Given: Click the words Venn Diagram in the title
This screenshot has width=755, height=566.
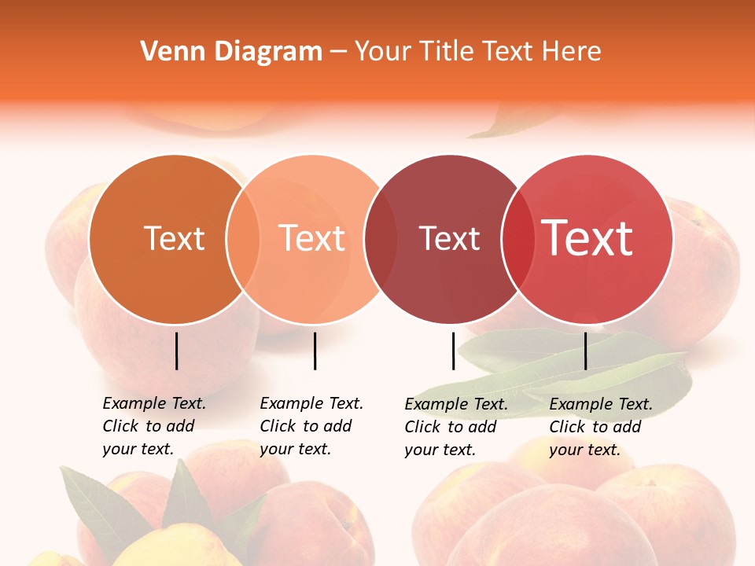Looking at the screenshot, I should (x=231, y=52).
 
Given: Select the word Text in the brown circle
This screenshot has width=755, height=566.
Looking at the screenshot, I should (x=174, y=239).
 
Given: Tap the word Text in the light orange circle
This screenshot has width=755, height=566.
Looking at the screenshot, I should (x=312, y=239).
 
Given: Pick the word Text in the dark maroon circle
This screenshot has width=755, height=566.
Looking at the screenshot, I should (x=449, y=239).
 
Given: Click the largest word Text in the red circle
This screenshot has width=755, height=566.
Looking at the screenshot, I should (x=587, y=238).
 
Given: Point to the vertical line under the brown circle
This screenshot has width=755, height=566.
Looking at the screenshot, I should (x=176, y=351).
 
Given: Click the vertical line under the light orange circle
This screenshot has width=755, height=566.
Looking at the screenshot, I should (x=315, y=351).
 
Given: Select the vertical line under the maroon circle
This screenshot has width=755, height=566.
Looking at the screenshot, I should (x=453, y=351).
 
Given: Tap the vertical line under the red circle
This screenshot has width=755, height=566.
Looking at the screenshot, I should (x=586, y=351).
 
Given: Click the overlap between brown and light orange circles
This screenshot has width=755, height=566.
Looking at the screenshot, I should (x=243, y=239).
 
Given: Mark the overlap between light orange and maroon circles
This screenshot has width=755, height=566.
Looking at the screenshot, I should (x=380, y=239).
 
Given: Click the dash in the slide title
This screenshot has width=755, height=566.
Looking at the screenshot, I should (x=338, y=52).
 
